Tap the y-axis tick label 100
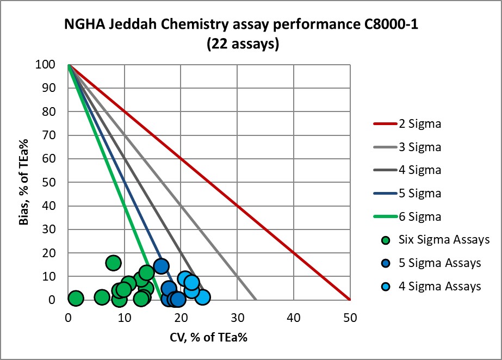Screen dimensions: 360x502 55,65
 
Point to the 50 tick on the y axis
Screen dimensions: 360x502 57,182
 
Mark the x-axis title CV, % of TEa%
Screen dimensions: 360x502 208,337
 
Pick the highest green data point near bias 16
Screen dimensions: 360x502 113,263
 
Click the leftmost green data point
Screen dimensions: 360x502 76,298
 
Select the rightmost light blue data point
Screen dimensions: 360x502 202,297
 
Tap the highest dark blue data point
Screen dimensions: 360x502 161,266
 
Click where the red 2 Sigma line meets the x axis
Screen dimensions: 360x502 350,300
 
